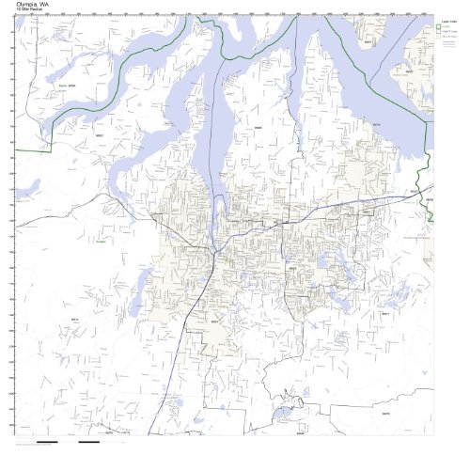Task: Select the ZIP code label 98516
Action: pos(375,122)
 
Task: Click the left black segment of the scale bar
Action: pos(46,441)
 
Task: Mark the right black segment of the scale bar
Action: pos(89,441)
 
